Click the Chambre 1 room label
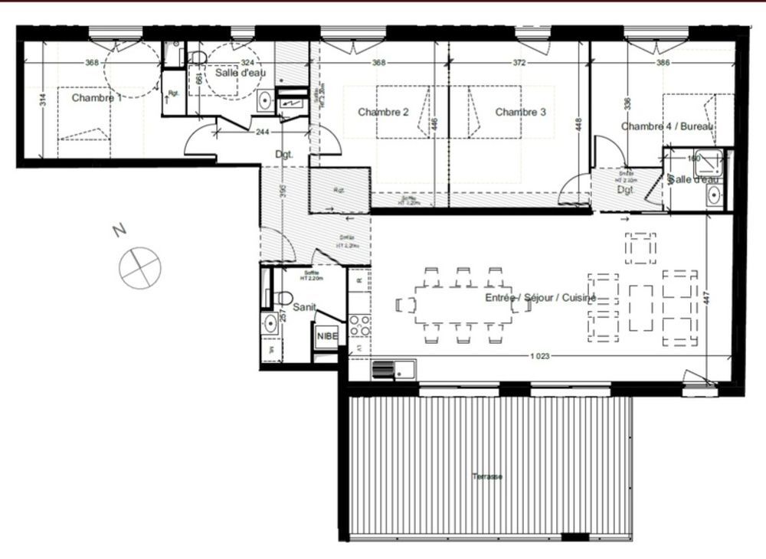97,98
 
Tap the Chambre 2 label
383,112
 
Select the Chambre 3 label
520,112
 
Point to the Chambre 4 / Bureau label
666,126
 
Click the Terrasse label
487,476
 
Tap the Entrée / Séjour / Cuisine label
540,298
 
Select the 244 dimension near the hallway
263,132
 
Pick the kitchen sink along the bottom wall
392,371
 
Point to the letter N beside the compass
117,230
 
